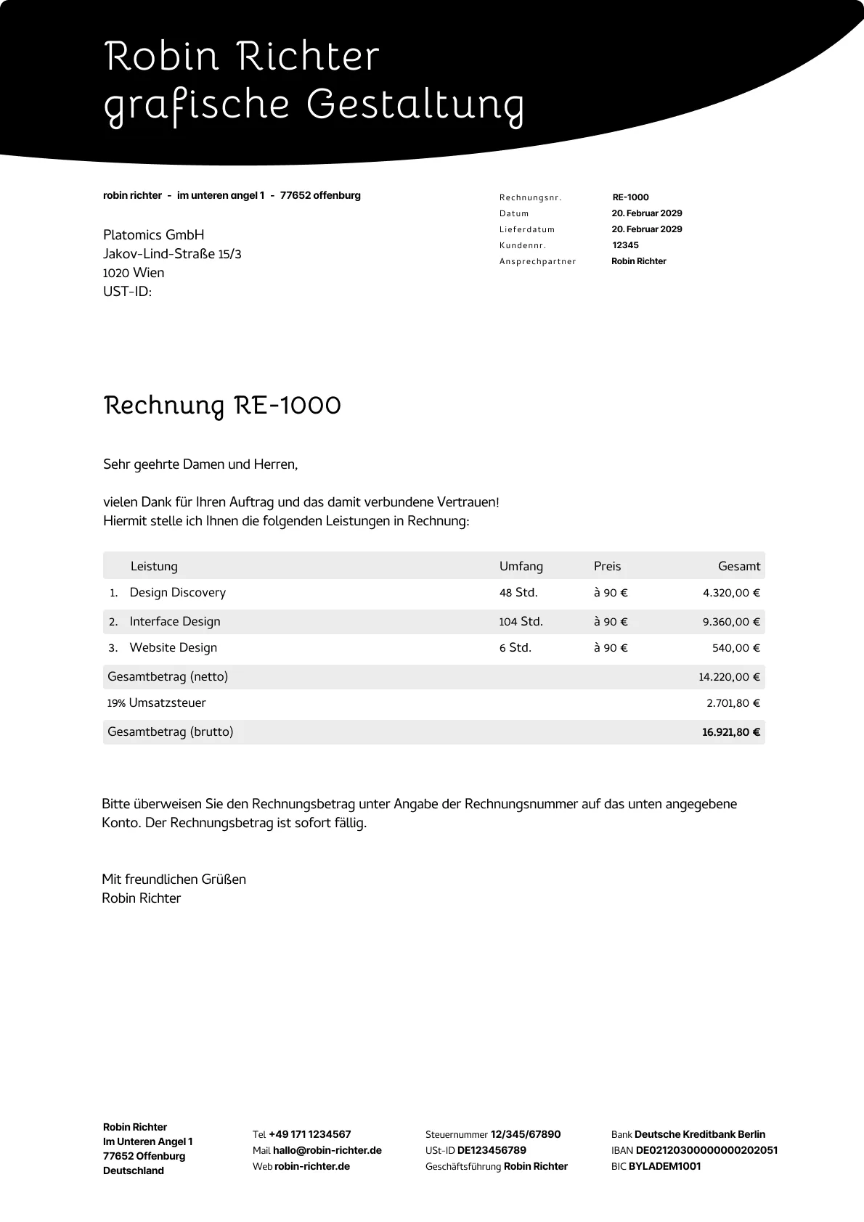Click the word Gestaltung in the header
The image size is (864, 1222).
coord(415,104)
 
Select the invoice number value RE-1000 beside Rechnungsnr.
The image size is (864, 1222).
coord(630,197)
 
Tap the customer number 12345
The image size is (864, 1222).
coord(625,245)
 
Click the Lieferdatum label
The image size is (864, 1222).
coord(527,229)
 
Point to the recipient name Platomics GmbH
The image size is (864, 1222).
coord(154,235)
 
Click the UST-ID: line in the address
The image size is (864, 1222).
coord(128,292)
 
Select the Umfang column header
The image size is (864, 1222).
coord(521,566)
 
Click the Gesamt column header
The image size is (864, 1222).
coord(739,566)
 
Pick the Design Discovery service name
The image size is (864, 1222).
coord(178,593)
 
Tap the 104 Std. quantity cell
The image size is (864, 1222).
coord(521,622)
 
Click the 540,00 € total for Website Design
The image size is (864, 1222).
coord(735,648)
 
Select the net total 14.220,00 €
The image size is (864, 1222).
coord(729,677)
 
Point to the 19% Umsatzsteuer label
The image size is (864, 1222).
coord(157,703)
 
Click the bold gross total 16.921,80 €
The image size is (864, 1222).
coord(730,732)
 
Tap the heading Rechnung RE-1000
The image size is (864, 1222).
coord(222,405)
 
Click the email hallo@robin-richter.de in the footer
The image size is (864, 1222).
coord(327,1150)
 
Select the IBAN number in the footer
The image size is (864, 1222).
coord(706,1150)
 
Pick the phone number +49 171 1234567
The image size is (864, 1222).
coord(310,1134)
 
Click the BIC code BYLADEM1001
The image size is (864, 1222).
coord(664,1166)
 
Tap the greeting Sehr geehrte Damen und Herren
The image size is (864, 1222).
coord(200,464)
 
